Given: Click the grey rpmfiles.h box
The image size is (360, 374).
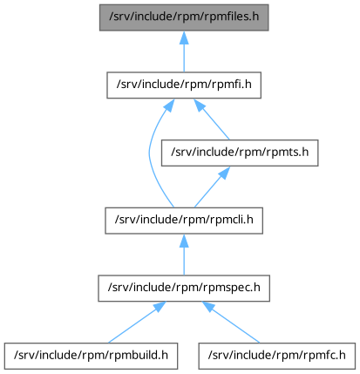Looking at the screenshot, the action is point(184,17).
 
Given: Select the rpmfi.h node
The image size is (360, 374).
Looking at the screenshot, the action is point(184,85).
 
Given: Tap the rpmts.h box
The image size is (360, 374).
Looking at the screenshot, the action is point(240,153).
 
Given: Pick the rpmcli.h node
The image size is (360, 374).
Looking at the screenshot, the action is point(184,221).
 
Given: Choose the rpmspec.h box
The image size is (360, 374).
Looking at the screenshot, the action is point(184,289).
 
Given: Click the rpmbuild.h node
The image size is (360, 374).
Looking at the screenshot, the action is point(91,356).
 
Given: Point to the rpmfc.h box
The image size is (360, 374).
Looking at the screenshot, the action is point(277,356).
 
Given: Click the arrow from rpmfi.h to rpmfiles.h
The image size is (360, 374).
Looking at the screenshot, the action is point(184,51).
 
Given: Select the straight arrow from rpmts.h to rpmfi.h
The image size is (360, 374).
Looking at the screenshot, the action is point(212,119).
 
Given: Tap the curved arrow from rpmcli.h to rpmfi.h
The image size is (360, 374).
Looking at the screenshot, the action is point(149,153).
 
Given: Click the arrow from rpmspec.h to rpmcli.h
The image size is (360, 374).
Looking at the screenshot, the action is point(184,255).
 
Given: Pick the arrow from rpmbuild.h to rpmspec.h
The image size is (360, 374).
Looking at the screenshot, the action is point(137,323).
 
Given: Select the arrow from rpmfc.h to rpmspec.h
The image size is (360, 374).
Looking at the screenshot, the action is point(231,323).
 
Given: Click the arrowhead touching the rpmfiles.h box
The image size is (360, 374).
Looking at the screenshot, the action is point(184,37).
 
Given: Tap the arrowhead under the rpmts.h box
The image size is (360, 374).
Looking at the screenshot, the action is point(224,173).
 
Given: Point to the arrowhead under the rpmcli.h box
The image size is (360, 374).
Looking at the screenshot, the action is point(184,241).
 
